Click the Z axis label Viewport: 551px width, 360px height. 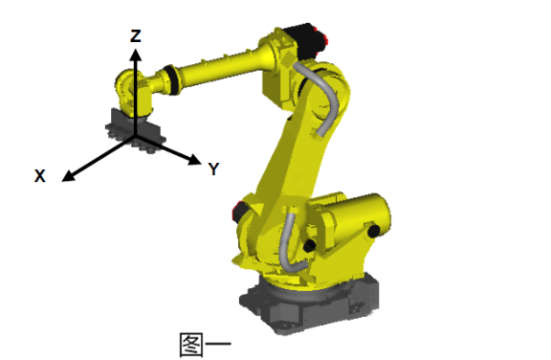136,36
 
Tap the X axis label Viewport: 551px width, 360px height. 40,176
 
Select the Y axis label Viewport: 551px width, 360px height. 213,169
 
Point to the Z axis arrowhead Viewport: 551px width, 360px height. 135,56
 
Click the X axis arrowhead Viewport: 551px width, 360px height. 68,177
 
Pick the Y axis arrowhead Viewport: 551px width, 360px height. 194,160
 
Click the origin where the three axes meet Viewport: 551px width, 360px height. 135,137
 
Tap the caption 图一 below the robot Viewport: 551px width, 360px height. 205,344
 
